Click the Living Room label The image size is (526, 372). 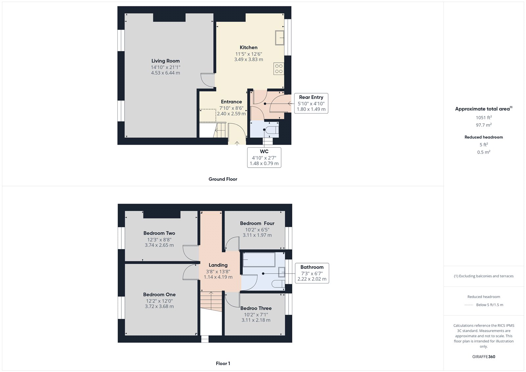165,61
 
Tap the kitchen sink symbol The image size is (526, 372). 279,37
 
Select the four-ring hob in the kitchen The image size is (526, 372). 279,69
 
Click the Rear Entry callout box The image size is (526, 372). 311,103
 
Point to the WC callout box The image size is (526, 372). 264,158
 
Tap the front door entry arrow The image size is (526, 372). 237,143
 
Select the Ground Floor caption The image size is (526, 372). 223,179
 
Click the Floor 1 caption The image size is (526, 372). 223,363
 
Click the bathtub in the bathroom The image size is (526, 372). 259,260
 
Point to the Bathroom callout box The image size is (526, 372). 312,273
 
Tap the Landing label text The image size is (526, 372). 218,265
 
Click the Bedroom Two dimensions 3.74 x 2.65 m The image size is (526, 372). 159,245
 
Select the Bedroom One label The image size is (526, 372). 159,295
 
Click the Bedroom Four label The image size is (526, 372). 257,223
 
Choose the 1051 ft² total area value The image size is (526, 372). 484,117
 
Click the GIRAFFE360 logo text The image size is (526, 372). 484,357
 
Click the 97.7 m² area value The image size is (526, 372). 484,125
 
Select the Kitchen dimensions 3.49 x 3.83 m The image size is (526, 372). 249,60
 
